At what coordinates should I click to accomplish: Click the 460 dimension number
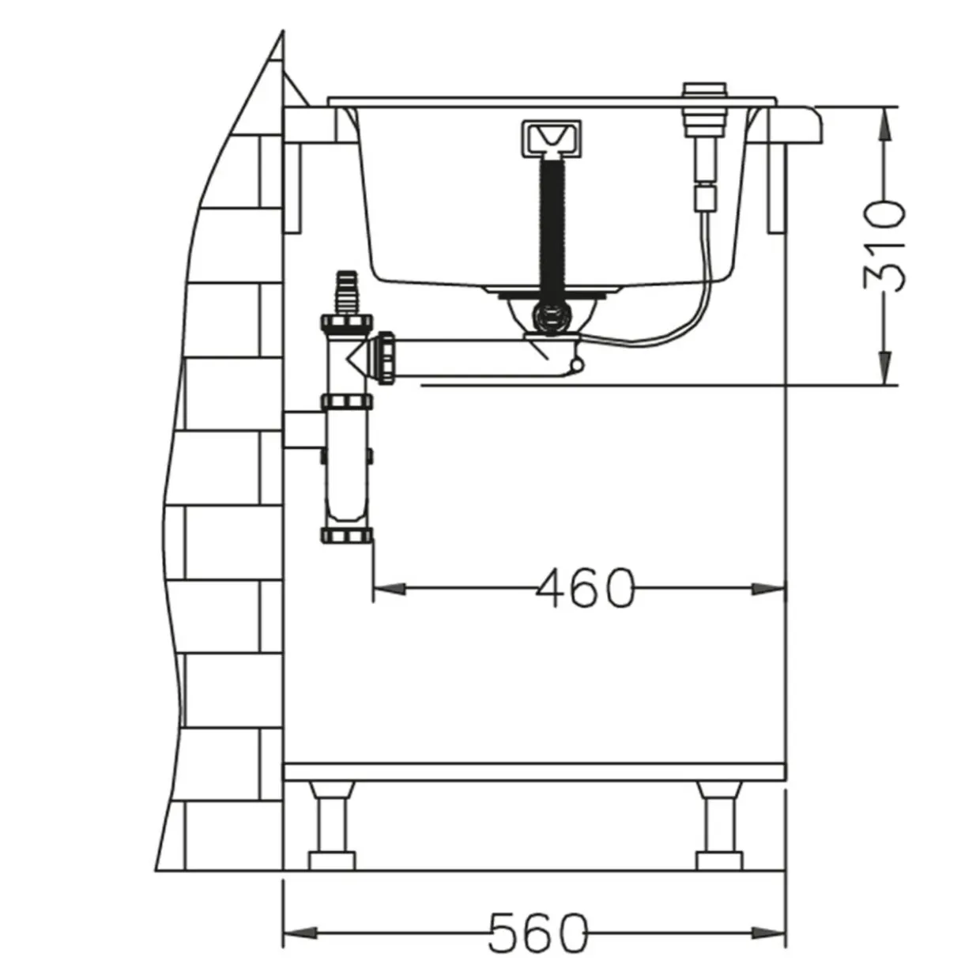[586, 589]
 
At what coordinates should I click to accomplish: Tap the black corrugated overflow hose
[552, 229]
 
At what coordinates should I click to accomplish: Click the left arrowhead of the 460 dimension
[390, 589]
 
